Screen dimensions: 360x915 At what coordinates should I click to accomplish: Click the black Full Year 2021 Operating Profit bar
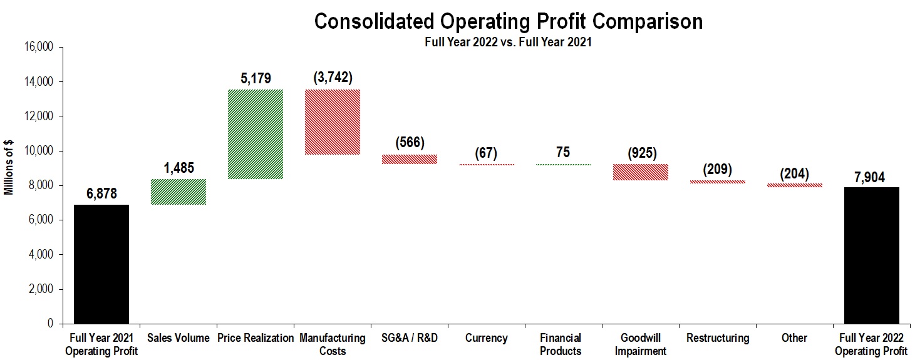tap(101, 264)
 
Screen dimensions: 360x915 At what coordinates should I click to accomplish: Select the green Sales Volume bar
tap(178, 192)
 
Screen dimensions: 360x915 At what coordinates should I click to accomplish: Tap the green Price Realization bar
tap(256, 134)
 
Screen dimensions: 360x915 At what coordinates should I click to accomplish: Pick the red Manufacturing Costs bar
tap(333, 122)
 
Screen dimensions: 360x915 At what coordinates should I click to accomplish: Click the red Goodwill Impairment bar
tap(641, 172)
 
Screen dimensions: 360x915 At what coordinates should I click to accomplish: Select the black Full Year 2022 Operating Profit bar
tap(871, 255)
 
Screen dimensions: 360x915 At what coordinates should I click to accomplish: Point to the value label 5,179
tap(256, 79)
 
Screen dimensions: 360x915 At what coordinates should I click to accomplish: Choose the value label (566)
tap(410, 143)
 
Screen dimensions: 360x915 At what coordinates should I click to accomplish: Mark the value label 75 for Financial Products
tap(563, 152)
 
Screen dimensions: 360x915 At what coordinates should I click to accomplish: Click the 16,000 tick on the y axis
tap(39, 48)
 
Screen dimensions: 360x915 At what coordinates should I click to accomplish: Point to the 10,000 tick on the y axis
tap(39, 152)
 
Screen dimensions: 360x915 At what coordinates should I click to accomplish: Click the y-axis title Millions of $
tap(9, 168)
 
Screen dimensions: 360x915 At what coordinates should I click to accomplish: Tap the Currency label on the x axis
tap(486, 338)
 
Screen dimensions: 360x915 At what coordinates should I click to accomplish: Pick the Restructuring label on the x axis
tap(718, 338)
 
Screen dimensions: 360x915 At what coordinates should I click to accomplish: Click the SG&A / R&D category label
tap(410, 338)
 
